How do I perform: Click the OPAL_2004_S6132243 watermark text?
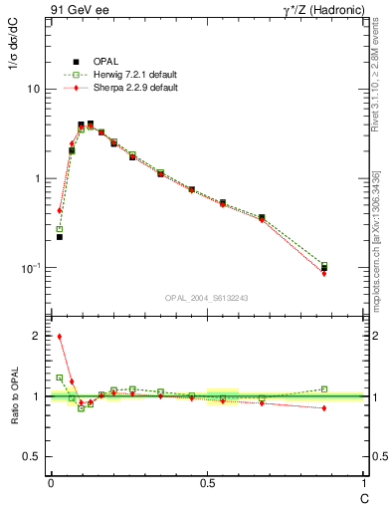pyautogui.click(x=207, y=299)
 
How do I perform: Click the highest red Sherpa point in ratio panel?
pyautogui.click(x=60, y=337)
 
